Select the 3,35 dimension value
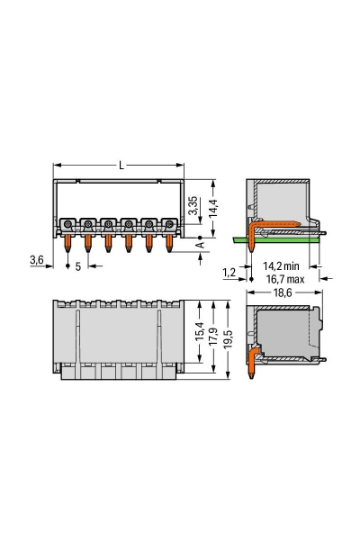[192, 210]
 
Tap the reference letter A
[201, 243]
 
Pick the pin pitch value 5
[78, 266]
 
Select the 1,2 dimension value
[231, 271]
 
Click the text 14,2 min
[281, 267]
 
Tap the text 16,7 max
[281, 280]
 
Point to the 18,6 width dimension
[282, 293]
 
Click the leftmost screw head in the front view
[68, 223]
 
